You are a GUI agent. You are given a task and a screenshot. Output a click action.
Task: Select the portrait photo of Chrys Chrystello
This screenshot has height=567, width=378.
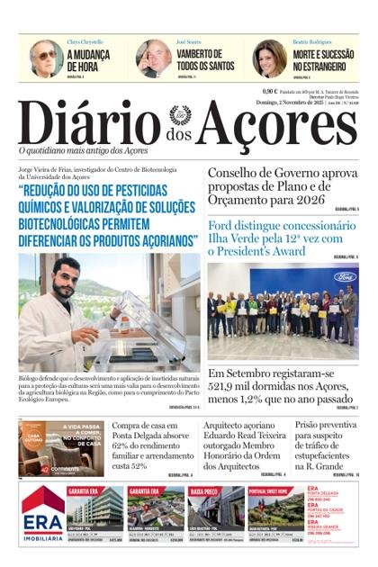click(x=45, y=58)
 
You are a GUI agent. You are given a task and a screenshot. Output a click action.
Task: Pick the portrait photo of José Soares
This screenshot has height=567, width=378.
click(x=154, y=58)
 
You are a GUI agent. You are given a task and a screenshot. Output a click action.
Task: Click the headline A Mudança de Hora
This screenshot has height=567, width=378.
click(x=88, y=59)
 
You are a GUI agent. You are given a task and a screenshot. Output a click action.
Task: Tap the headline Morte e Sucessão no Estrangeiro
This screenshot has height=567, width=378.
click(x=323, y=59)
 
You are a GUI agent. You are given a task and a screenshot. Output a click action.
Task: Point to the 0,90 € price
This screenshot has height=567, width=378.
click(x=269, y=91)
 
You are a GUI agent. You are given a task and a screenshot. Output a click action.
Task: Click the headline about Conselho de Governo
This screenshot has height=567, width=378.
click(x=283, y=186)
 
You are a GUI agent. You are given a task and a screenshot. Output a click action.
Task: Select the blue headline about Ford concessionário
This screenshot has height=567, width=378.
click(x=281, y=238)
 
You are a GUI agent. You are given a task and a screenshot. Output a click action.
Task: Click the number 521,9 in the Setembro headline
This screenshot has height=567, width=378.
click(x=228, y=388)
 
